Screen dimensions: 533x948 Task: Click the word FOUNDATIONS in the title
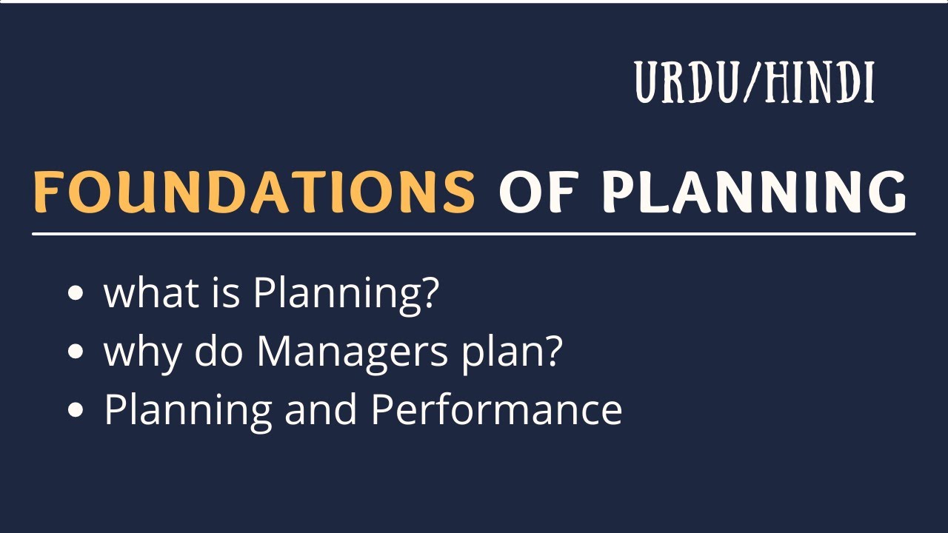(253, 191)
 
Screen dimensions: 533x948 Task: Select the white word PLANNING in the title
(753, 191)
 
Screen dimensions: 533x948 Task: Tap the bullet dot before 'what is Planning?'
(75, 293)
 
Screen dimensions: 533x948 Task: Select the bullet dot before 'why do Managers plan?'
(75, 352)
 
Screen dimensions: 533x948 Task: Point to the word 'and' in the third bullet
(321, 410)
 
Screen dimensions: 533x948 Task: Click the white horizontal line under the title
(474, 234)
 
